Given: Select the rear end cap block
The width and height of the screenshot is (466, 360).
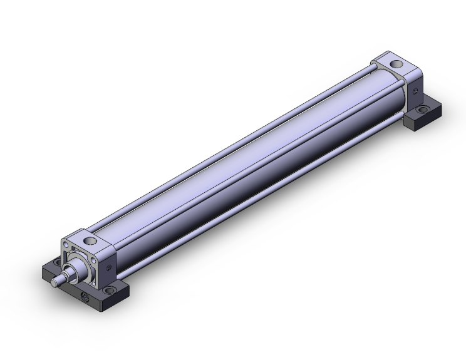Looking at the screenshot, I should click(x=398, y=78).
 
